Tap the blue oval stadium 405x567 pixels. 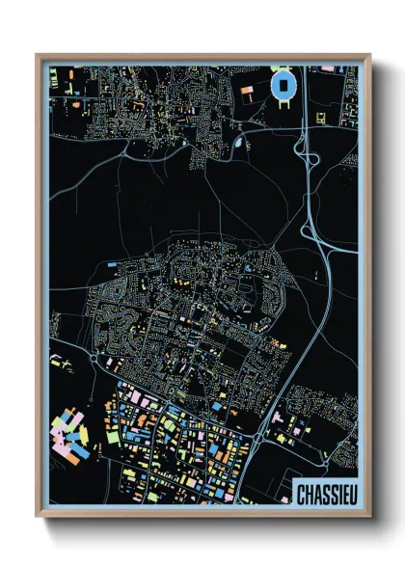[285, 85]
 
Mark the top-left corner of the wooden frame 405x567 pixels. [38, 56]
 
